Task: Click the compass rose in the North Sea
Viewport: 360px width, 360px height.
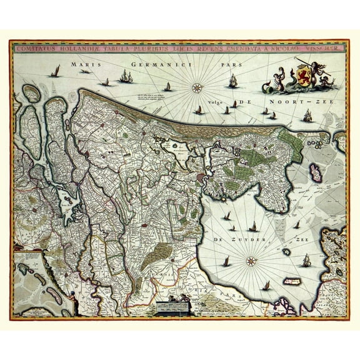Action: click(197, 87)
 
